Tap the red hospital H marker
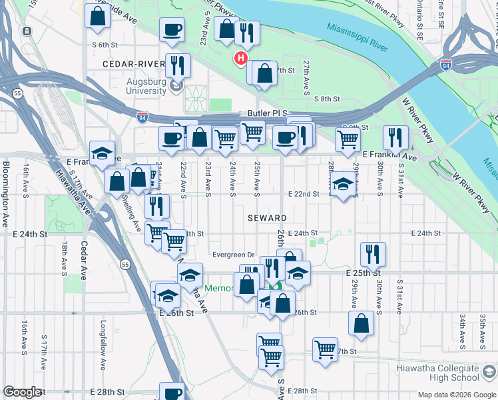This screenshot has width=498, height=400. (x=240, y=59)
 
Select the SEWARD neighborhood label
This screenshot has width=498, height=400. (x=268, y=218)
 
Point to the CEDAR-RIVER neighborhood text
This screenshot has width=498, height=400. (x=133, y=64)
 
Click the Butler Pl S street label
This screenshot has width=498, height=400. (x=266, y=113)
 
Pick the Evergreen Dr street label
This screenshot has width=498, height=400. (x=234, y=255)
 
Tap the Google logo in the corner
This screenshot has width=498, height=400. (x=21, y=392)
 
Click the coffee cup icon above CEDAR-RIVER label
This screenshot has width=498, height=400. (x=172, y=30)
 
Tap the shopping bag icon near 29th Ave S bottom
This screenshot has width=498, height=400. (x=360, y=323)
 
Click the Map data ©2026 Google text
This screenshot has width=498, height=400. (x=457, y=395)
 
